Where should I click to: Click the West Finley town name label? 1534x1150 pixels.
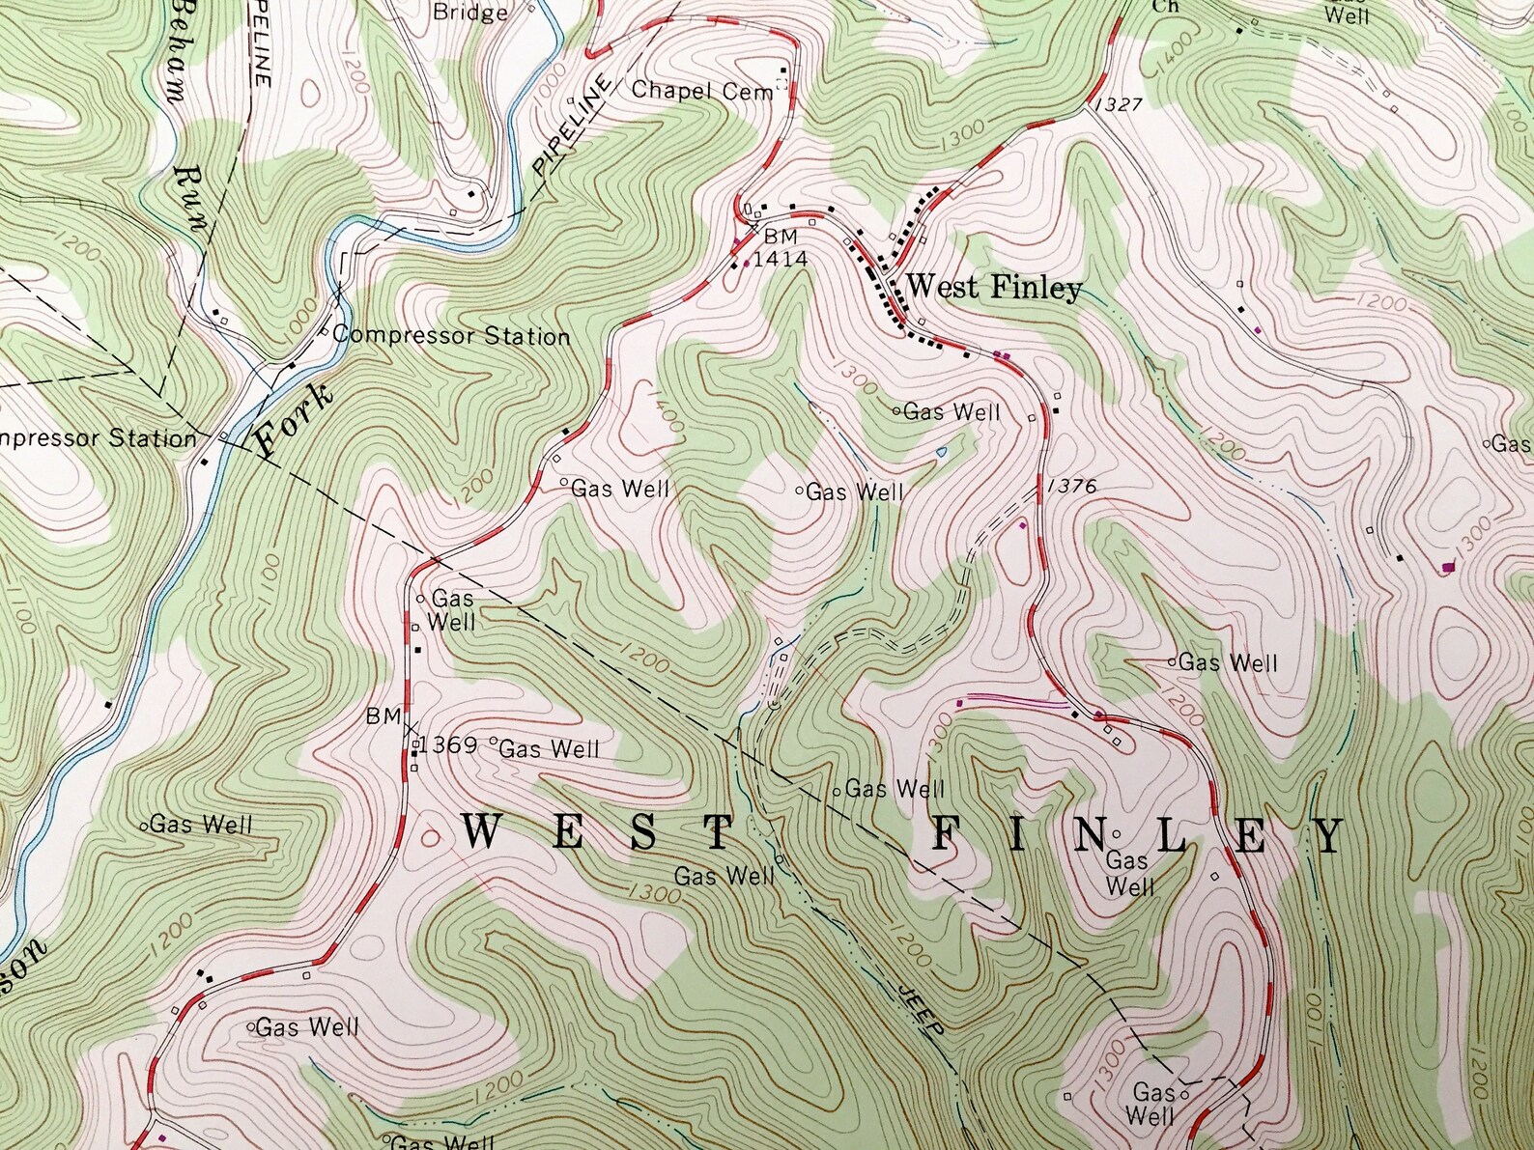pyautogui.click(x=993, y=288)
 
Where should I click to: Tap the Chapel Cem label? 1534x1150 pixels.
pyautogui.click(x=702, y=91)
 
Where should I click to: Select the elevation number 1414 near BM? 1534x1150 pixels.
pyautogui.click(x=780, y=259)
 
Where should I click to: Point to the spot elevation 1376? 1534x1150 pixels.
pyautogui.click(x=1071, y=487)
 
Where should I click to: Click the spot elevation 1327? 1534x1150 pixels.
pyautogui.click(x=1119, y=104)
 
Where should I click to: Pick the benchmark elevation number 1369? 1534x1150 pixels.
pyautogui.click(x=449, y=745)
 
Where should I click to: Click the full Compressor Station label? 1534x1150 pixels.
pyautogui.click(x=451, y=336)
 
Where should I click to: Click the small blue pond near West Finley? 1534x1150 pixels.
pyautogui.click(x=942, y=452)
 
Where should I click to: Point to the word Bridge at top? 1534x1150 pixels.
pyautogui.click(x=469, y=13)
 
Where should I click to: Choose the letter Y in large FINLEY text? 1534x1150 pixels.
pyautogui.click(x=1329, y=836)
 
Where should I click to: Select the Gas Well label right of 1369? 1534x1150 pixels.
pyautogui.click(x=550, y=748)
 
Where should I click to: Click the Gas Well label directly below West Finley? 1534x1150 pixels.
pyautogui.click(x=952, y=412)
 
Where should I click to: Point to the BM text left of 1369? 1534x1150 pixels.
pyautogui.click(x=383, y=716)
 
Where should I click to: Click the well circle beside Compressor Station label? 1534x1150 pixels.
pyautogui.click(x=326, y=334)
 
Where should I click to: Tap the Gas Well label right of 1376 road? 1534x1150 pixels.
pyautogui.click(x=1228, y=662)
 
